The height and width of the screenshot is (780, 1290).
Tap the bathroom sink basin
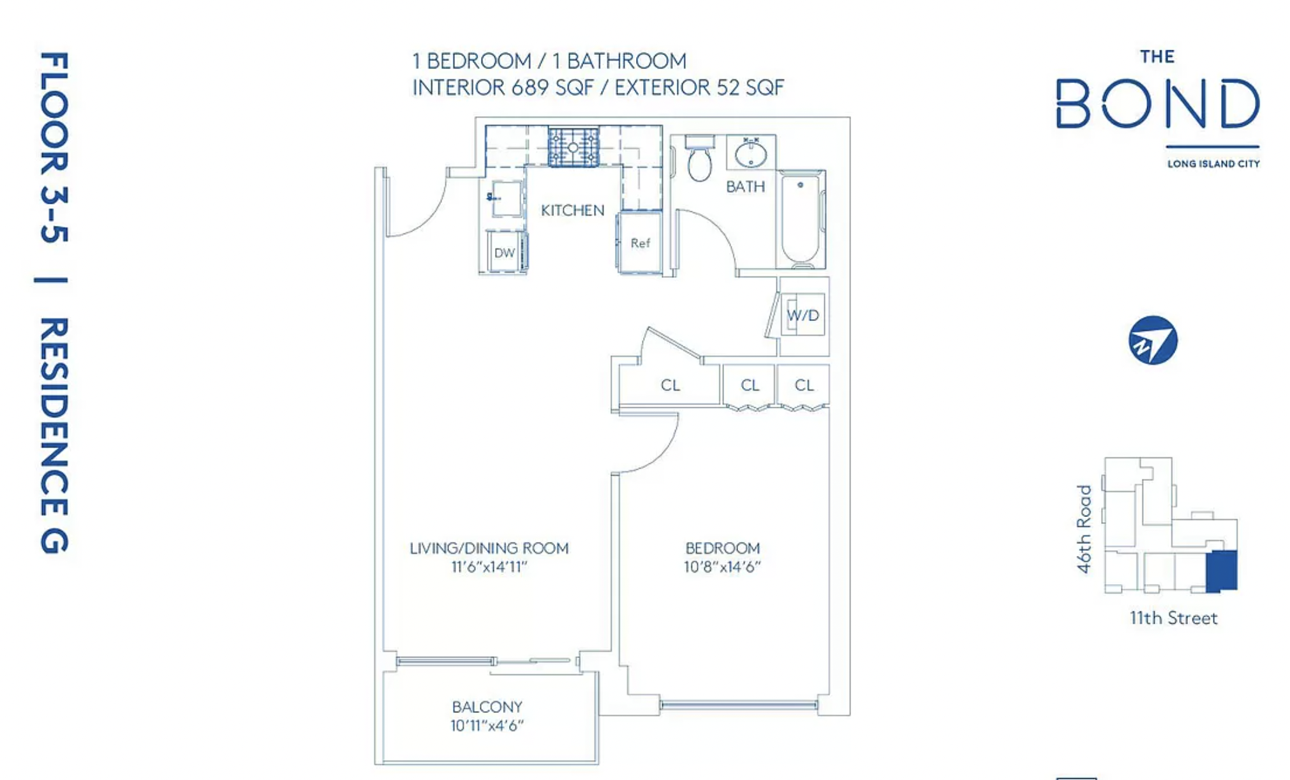[x=751, y=154]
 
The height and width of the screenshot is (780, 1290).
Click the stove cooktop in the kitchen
[x=573, y=147]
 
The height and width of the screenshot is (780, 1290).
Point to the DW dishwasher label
[x=504, y=253]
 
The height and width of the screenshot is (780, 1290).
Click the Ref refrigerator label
[x=640, y=243]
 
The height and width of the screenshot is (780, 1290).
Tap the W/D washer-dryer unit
[x=803, y=315]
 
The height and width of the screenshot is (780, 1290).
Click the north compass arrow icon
[x=1153, y=340]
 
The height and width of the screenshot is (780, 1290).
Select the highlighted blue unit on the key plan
[x=1221, y=571]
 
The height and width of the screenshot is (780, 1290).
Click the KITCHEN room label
[x=572, y=211]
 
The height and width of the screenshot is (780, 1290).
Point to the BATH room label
[x=745, y=186]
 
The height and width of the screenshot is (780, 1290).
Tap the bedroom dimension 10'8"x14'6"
[x=722, y=567]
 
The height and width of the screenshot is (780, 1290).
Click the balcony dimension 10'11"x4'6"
[x=487, y=726]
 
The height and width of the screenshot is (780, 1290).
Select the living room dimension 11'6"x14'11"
[x=489, y=567]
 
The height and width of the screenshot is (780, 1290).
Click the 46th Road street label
[x=1084, y=529]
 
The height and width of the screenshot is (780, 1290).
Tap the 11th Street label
[x=1173, y=618]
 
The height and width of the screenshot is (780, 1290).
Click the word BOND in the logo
[x=1158, y=103]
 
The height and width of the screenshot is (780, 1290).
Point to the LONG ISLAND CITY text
[x=1213, y=164]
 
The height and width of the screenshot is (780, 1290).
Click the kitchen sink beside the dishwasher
[x=506, y=198]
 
